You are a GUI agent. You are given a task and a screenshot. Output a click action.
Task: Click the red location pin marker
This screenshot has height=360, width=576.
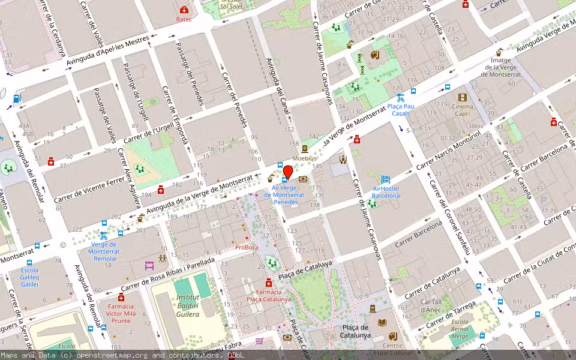(x=287, y=172)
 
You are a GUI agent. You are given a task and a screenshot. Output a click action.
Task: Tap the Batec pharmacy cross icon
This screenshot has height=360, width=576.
(x=184, y=10)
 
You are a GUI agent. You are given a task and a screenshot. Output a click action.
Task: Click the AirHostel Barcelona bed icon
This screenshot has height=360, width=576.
(x=385, y=179)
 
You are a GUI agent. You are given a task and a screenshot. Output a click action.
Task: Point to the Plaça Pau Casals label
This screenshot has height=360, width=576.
(x=401, y=109)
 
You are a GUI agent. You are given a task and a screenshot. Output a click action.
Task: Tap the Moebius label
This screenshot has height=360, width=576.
(x=304, y=158)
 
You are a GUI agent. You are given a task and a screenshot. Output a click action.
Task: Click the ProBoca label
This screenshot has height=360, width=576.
(x=247, y=247)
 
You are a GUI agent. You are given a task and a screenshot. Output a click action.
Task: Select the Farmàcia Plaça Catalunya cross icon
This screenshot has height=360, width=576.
(x=268, y=283)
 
